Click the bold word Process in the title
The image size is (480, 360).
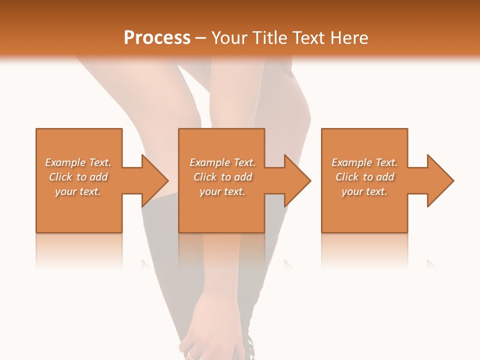tap(157, 37)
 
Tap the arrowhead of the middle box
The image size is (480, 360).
tap(297, 180)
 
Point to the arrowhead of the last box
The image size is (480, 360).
tap(439, 180)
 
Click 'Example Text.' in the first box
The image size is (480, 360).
tap(78, 162)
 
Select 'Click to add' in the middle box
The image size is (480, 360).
tap(222, 177)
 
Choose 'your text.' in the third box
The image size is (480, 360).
tap(364, 191)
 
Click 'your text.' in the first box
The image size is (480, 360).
tap(78, 191)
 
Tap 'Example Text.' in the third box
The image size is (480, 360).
tap(364, 162)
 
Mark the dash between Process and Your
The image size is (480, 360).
tap(201, 38)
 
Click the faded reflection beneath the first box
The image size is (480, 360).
tap(79, 250)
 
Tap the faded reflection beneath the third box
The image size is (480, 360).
tap(364, 250)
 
